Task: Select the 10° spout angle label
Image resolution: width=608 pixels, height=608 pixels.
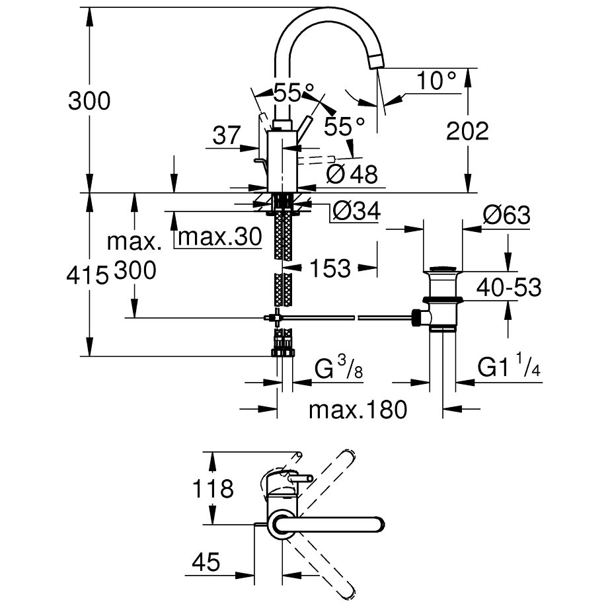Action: [x=437, y=81]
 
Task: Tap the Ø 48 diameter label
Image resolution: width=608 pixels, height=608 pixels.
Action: [x=352, y=174]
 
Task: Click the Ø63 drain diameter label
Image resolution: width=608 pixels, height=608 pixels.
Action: [x=507, y=215]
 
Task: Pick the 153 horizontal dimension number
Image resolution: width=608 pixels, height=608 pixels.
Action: [x=329, y=268]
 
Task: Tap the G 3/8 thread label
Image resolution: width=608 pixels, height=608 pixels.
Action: [x=338, y=369]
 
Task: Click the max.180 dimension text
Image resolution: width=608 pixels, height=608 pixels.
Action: [x=358, y=410]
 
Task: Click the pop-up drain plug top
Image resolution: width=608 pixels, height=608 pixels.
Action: [x=443, y=268]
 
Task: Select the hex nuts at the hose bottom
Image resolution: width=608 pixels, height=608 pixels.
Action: [x=284, y=351]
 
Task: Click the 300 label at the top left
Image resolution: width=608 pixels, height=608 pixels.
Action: [x=89, y=101]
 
